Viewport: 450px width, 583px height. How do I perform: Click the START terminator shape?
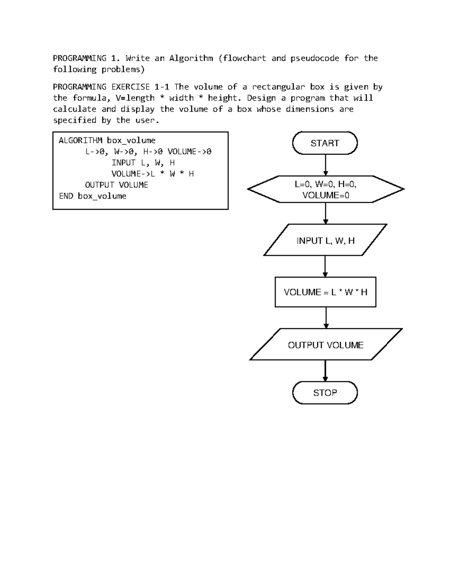325,143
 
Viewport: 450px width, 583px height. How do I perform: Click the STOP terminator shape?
325,393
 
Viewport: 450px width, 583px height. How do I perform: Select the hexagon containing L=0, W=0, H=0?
325,189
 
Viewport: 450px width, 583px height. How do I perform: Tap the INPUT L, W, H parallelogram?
325,240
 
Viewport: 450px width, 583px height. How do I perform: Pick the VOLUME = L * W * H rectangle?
325,292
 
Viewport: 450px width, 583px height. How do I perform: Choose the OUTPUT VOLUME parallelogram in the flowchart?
325,345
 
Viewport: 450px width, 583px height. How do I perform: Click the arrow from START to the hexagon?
325,165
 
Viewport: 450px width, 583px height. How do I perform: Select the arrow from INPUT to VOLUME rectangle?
325,266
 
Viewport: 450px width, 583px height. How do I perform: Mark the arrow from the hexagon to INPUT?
325,213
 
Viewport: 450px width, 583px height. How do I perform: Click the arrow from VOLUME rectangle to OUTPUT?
326,318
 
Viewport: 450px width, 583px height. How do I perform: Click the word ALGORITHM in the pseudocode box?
81,140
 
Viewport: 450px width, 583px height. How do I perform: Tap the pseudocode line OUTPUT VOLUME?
116,185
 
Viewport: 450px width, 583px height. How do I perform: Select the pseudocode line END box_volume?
93,196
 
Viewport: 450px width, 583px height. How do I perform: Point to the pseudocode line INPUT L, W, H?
143,163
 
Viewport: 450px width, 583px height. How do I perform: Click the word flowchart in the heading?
244,58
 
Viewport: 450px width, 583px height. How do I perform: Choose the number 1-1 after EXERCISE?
162,87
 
